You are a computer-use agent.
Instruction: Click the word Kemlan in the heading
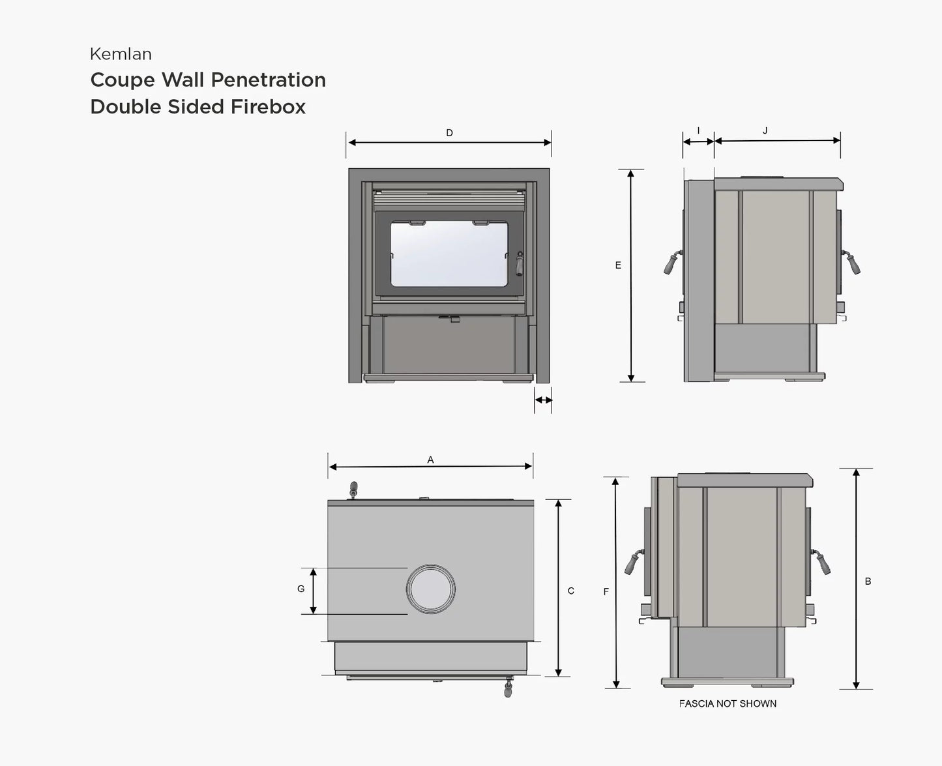click(121, 54)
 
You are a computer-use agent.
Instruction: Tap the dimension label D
click(449, 133)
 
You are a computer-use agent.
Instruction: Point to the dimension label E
click(618, 265)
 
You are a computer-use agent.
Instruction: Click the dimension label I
click(698, 131)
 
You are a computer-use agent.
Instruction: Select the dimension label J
click(765, 131)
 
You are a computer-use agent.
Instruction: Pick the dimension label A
click(430, 460)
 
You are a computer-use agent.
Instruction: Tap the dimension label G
click(301, 589)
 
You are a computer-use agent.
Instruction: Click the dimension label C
click(571, 591)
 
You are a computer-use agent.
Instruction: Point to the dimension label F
click(606, 592)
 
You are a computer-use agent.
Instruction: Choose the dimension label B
click(868, 582)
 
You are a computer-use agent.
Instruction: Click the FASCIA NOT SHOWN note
click(728, 704)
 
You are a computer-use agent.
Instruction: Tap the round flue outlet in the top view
click(430, 589)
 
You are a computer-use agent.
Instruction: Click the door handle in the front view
click(520, 264)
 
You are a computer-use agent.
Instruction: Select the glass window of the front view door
click(449, 254)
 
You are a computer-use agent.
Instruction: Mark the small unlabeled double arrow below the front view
click(543, 400)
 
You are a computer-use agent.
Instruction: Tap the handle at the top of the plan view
click(354, 489)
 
